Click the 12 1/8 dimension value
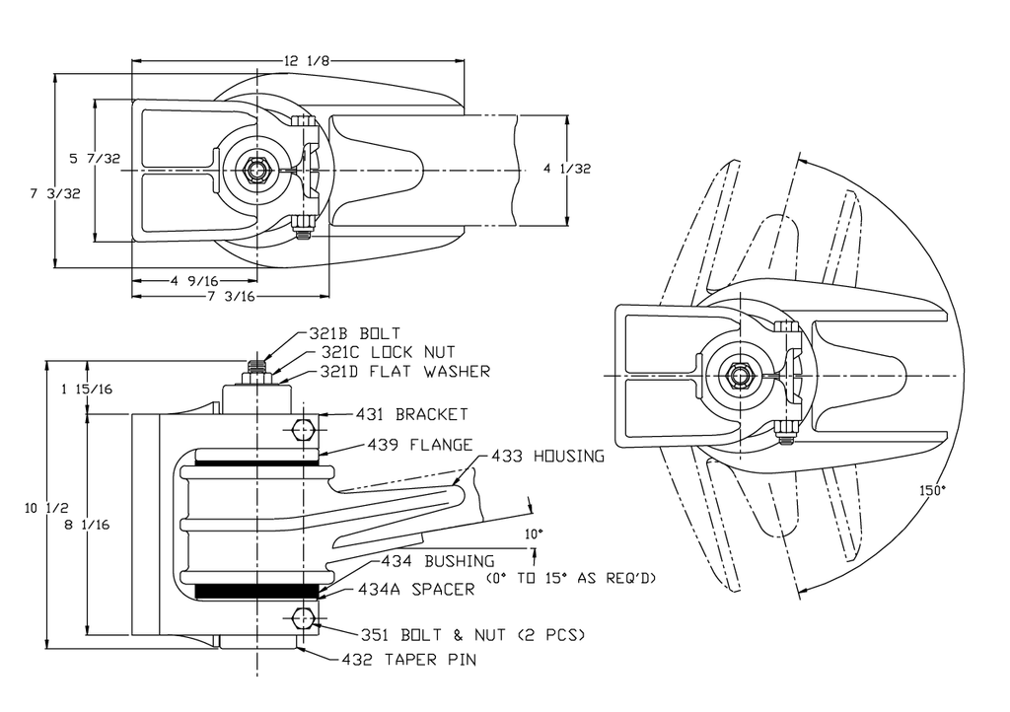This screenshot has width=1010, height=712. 307,61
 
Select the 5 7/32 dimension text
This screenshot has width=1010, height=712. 95,159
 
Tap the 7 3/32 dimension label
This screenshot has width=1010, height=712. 55,193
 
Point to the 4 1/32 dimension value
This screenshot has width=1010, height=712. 567,169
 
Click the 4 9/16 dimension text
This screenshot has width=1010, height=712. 194,281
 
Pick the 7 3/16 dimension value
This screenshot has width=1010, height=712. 231,296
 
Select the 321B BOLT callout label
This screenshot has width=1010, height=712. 355,333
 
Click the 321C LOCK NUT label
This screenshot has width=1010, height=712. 388,352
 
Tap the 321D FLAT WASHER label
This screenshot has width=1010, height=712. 405,372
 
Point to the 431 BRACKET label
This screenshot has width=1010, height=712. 412,414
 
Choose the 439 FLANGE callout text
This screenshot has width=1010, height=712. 420,445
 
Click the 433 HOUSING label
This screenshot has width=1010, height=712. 548,457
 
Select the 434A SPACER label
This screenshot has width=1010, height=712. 417,589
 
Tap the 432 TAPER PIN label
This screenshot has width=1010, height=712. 409,659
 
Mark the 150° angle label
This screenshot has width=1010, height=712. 933,490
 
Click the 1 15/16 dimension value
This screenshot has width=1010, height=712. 87,389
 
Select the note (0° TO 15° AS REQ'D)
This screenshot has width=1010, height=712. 571,578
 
